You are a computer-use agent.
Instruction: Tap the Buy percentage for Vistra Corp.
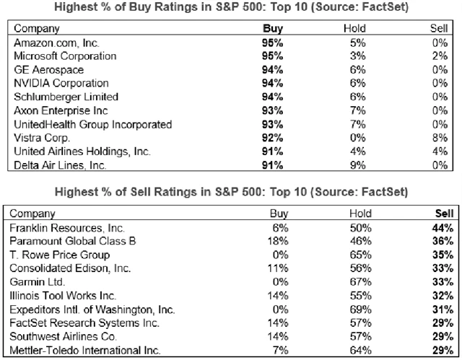click(x=271, y=139)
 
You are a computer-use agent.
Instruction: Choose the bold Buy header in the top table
click(x=271, y=29)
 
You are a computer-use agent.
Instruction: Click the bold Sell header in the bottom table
click(x=444, y=214)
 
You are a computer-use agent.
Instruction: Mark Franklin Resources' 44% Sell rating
click(x=444, y=228)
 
